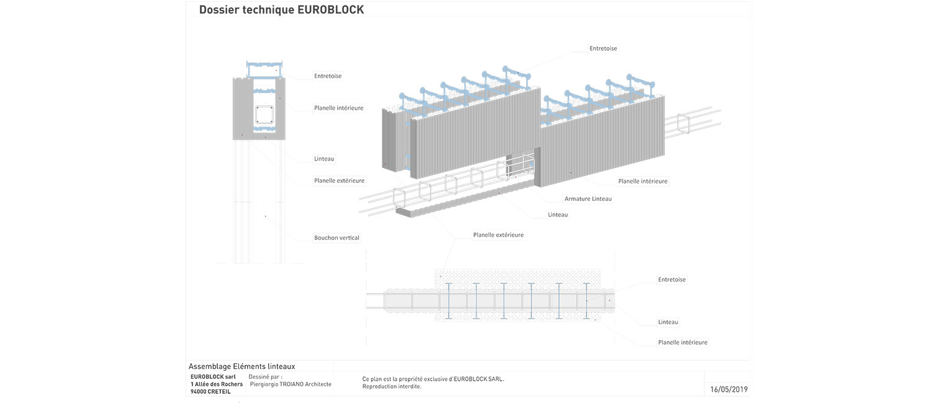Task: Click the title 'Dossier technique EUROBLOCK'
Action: point(281,10)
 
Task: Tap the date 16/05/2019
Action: point(729,389)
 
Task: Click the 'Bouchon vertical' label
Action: point(336,237)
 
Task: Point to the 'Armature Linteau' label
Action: point(588,199)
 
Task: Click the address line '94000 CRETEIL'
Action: point(212,392)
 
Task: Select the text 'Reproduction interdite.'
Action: point(392,386)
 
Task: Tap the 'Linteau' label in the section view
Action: point(324,159)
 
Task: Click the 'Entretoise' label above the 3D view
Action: point(603,48)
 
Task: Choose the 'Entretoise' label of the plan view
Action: point(672,280)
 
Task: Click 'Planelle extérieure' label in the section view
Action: point(339,181)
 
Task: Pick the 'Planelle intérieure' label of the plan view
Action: point(682,342)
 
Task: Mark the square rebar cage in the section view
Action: point(264,115)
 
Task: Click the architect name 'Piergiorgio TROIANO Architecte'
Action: point(290,384)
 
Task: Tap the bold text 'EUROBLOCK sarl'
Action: point(213,377)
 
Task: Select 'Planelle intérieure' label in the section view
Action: point(338,108)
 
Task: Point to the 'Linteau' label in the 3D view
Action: point(558,215)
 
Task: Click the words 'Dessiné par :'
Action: point(265,377)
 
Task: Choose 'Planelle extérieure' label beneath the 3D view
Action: point(498,235)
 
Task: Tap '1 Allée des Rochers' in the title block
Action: point(217,384)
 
